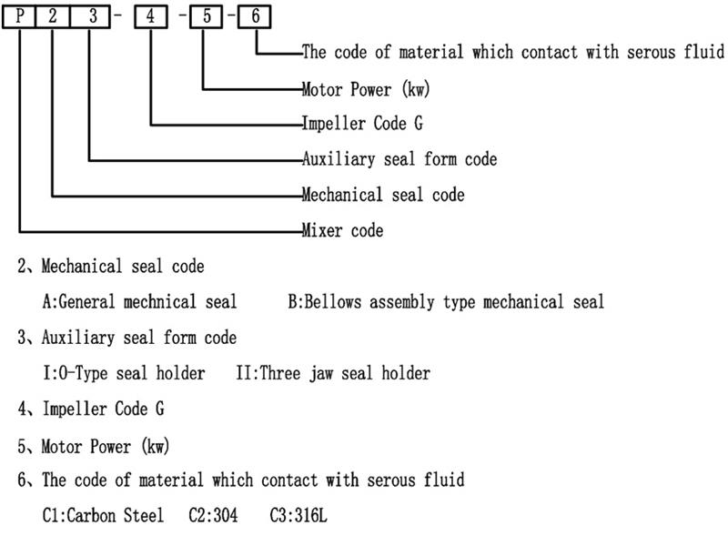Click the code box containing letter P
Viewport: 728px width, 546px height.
point(19,16)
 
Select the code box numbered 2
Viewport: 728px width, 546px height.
point(54,16)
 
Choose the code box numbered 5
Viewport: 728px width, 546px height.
point(207,16)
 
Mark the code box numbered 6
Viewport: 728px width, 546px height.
point(256,16)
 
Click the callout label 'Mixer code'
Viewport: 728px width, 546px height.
point(342,230)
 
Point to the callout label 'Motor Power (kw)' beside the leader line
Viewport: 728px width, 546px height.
point(365,89)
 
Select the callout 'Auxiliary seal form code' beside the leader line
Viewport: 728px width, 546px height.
point(399,159)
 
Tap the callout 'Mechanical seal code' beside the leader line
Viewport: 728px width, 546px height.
point(383,195)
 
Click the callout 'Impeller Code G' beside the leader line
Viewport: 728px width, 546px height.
point(362,124)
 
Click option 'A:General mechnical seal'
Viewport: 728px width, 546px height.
point(139,301)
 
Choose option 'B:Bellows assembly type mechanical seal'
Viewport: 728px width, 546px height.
point(446,301)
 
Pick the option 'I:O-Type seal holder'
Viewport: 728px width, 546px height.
point(124,373)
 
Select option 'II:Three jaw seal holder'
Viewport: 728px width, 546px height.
point(332,373)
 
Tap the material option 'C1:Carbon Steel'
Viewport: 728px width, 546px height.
point(103,515)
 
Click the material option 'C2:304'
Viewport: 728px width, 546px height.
point(213,515)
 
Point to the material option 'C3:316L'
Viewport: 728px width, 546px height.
point(298,515)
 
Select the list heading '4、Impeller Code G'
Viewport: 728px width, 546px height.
point(91,409)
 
